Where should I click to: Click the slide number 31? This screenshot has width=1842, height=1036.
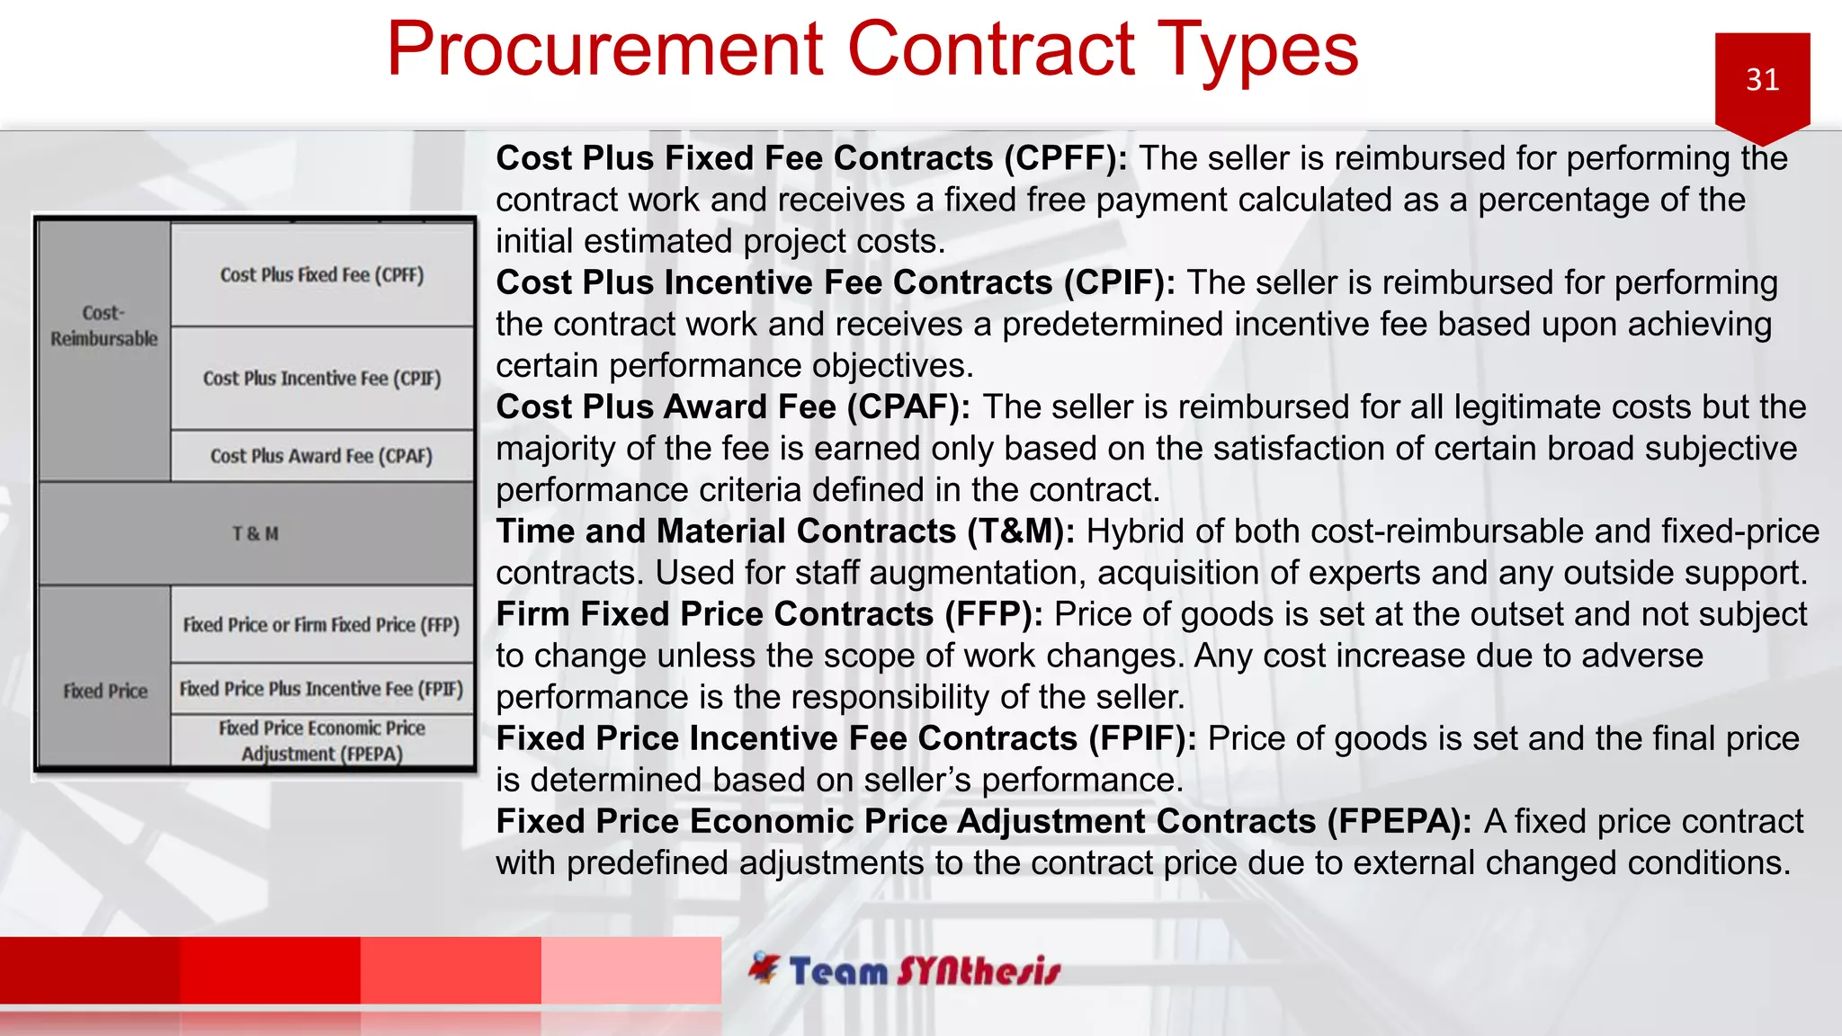coord(1762,80)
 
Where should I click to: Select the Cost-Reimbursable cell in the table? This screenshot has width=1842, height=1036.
coord(103,326)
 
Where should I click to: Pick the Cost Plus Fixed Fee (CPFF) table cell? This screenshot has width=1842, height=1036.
coord(322,275)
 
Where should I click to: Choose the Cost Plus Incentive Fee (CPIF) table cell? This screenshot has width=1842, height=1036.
coord(322,379)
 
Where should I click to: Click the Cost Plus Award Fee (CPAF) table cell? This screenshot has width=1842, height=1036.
coord(322,456)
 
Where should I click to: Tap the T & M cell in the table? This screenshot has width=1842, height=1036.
coord(255,534)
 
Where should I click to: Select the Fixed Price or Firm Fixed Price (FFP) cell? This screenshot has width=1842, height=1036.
coord(322,625)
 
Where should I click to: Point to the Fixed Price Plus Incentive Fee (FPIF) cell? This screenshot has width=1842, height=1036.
coord(322,689)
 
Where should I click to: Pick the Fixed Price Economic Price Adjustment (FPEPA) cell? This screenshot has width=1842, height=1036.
coord(322,741)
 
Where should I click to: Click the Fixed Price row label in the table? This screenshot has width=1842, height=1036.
coord(105,692)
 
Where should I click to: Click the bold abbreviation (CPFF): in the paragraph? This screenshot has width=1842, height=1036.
coord(1066,158)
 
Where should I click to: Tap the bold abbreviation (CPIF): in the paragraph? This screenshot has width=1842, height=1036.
coord(1119,282)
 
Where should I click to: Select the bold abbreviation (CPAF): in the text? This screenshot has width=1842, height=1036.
coord(908,407)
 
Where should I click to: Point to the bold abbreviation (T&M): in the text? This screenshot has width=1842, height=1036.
coord(1021,531)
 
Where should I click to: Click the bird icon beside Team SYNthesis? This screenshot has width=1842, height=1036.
coord(765,968)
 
